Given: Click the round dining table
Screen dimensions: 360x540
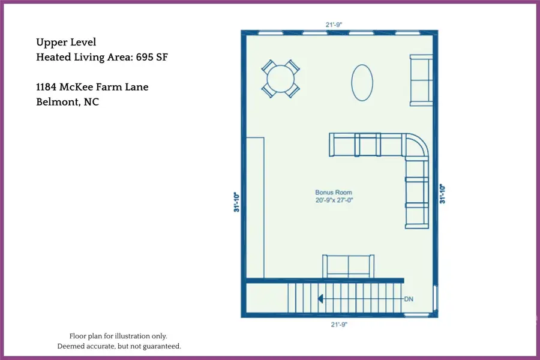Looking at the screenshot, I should pos(281,79).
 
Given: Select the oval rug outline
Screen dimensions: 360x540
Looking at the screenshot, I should pos(362,82).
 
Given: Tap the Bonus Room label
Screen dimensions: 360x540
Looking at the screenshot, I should pos(334,193).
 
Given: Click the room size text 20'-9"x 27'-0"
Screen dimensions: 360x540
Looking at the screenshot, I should pos(334,200).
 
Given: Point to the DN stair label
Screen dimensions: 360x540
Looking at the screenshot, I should pos(409,299).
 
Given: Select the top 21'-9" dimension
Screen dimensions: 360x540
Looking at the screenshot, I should pos(333,25).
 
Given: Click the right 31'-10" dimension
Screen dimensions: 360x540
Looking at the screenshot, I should pos(443,193).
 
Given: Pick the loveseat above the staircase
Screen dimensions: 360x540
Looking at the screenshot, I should pos(348,266).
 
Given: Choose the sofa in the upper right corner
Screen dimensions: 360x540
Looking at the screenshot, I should pos(421,80).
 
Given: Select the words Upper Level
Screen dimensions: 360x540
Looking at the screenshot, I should pos(66,42).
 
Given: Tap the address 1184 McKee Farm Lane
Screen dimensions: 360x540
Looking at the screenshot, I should pos(92,88).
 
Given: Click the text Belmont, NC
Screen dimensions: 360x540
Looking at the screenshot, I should pos(67,102).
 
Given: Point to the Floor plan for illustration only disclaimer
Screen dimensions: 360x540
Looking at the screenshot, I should pos(119,336).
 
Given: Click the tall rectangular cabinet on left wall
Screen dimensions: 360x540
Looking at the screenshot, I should pos(255,207).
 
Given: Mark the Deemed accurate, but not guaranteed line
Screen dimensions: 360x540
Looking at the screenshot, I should pos(119,346).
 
